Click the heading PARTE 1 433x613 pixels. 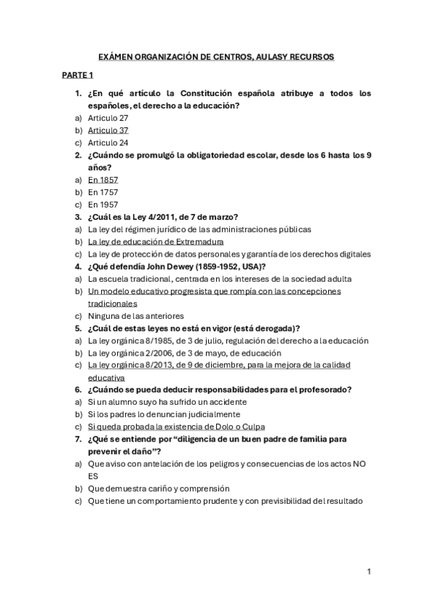(77, 74)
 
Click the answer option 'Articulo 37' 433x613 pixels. (108, 130)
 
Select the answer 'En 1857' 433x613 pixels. (103, 179)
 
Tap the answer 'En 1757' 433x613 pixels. (103, 192)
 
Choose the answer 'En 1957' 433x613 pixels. (103, 204)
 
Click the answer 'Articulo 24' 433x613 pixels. (108, 142)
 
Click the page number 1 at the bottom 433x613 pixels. (369, 572)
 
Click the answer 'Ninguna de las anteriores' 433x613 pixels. (136, 315)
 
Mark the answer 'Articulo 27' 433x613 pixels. (108, 118)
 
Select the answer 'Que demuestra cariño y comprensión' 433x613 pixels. (158, 488)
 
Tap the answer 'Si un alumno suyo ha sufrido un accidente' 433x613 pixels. (167, 401)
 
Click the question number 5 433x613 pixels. (77, 327)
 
